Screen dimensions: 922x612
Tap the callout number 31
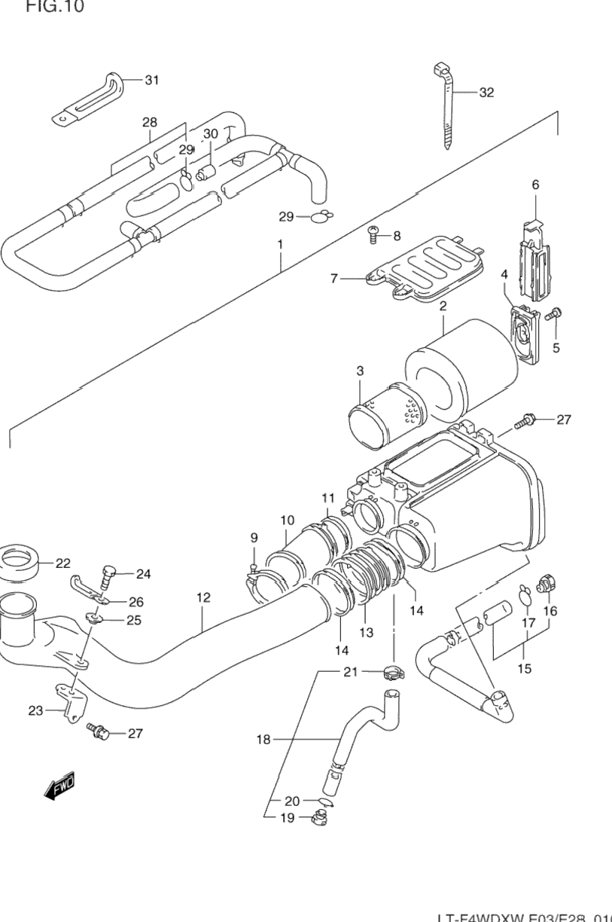tap(152, 81)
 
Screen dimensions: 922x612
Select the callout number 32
tap(486, 93)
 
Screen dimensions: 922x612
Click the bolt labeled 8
tap(373, 236)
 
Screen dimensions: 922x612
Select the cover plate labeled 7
tap(426, 270)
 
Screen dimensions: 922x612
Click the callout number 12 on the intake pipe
tap(203, 598)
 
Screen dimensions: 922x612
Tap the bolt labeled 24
tap(109, 576)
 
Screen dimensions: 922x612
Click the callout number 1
tap(279, 244)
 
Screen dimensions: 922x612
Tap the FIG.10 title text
tap(55, 8)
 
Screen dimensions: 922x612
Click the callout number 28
tap(149, 122)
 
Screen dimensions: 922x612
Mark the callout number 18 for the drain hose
tap(263, 740)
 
